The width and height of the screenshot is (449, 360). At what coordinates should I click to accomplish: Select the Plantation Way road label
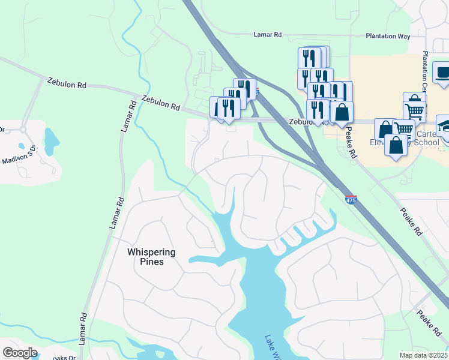388,36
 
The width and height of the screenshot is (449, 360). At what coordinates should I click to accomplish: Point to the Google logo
20,353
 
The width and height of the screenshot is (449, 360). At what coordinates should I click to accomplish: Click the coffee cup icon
443,73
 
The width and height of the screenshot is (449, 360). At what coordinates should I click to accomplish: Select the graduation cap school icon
445,127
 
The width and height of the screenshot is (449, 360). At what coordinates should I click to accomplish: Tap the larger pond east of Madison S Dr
52,139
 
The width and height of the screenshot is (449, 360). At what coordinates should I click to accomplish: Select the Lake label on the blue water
271,347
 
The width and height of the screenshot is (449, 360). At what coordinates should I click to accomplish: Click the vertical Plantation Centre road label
426,67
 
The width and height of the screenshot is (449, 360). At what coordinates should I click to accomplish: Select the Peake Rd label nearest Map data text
429,323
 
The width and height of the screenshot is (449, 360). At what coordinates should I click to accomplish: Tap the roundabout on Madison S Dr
23,129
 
